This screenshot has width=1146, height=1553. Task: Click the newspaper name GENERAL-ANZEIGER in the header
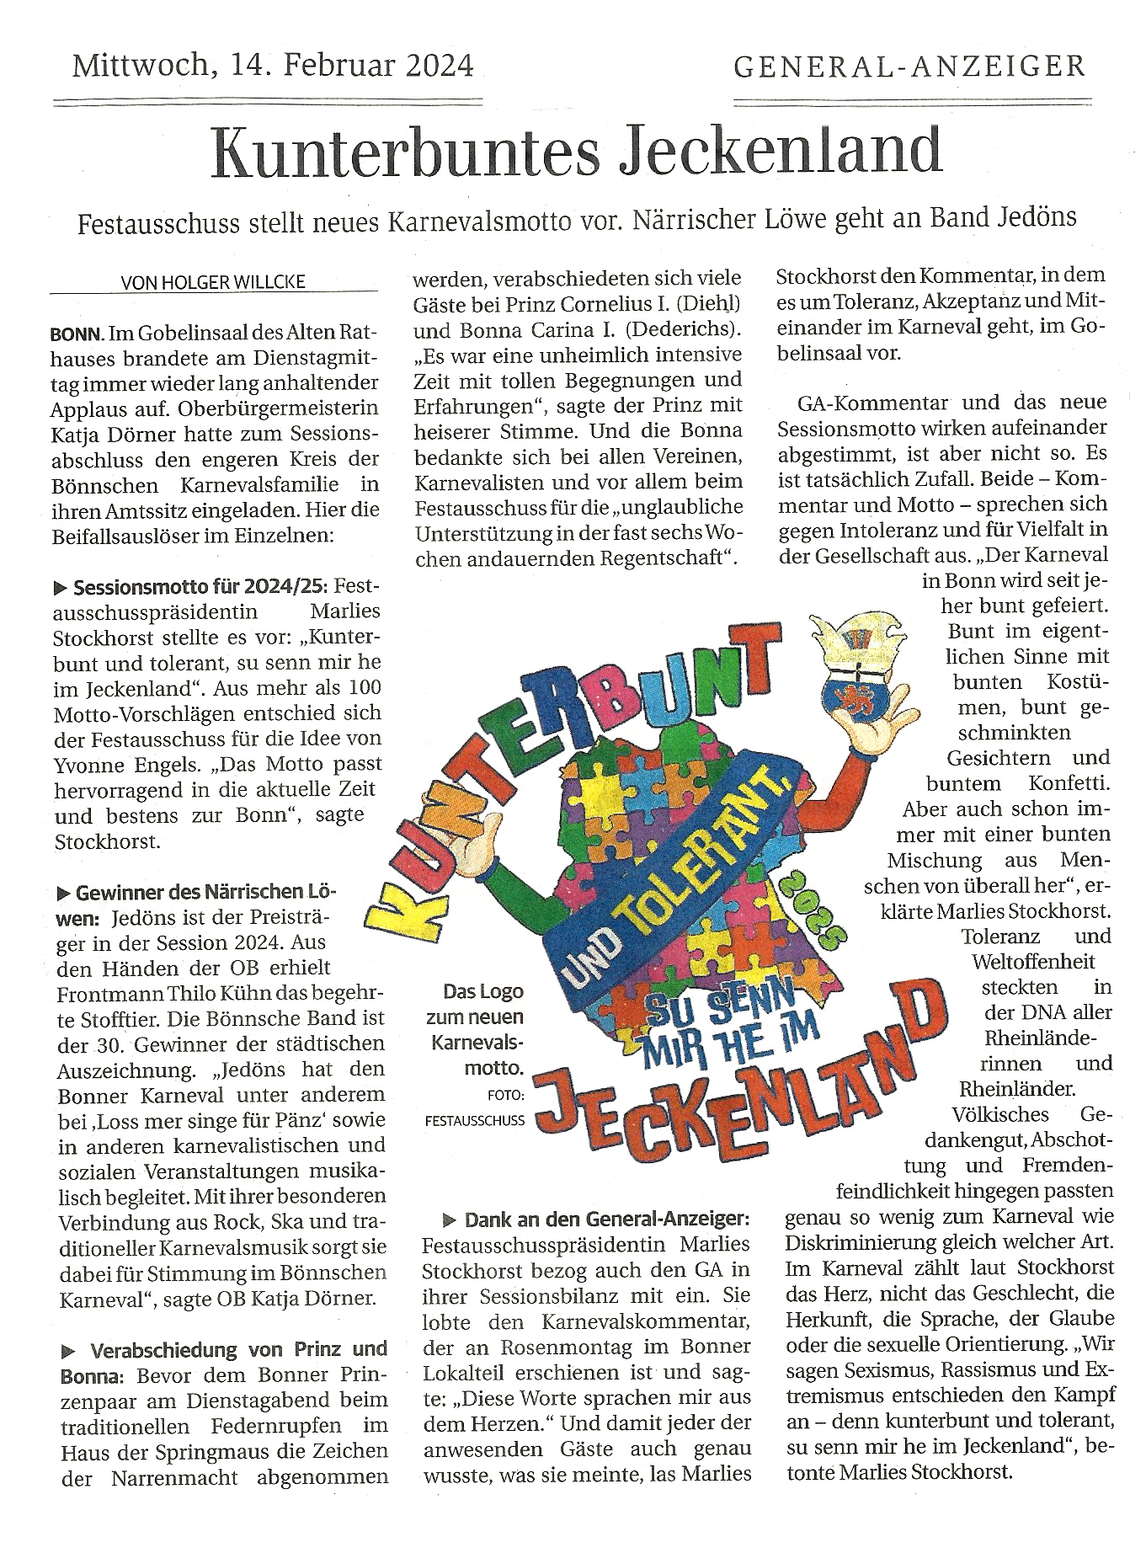909,67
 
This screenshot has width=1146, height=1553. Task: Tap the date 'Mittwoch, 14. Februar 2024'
273,65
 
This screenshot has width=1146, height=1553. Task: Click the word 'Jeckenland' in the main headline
781,152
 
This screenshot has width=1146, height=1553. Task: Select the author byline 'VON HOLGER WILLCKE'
213,282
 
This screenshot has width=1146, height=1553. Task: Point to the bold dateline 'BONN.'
77,334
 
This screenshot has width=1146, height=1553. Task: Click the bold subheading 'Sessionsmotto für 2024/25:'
203,587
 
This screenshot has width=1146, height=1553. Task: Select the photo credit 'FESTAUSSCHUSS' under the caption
475,1121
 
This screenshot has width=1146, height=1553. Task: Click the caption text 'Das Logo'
483,991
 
